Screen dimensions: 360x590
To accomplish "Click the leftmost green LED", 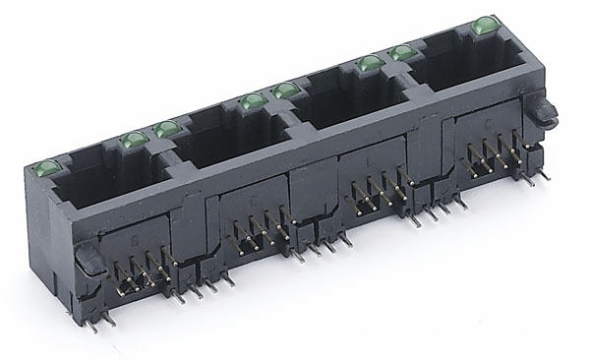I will coord(47,168).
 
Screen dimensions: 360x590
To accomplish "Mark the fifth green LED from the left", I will coord(285,90).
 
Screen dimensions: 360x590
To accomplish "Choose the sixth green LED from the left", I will coord(367,65).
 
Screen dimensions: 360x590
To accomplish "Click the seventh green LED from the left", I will coord(400,53).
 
